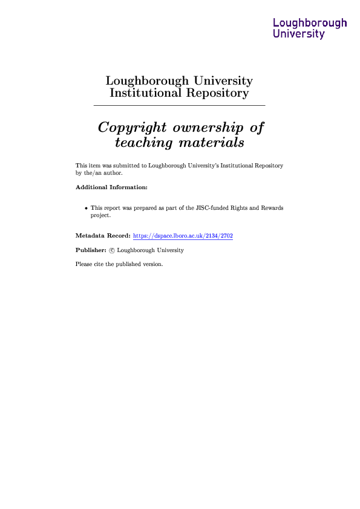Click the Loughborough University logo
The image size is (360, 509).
coord(310,28)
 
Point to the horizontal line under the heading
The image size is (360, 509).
coord(179,105)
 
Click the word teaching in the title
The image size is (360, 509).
coord(143,143)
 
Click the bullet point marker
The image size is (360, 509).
coord(86,208)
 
